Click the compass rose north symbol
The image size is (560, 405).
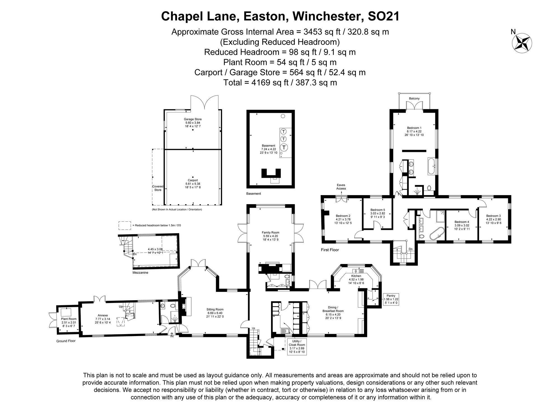click(x=522, y=43)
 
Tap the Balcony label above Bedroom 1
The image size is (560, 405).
click(x=414, y=98)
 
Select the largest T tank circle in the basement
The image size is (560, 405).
click(x=284, y=147)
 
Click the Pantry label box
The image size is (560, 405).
click(x=391, y=299)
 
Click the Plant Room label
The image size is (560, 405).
click(x=69, y=319)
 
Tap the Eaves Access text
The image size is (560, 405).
click(x=341, y=187)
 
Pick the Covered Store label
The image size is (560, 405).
click(x=158, y=188)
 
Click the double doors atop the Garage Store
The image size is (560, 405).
click(x=204, y=103)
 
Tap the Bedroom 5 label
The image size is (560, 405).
click(x=378, y=210)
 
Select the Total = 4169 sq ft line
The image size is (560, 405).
click(x=280, y=83)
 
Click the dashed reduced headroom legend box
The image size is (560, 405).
click(x=125, y=225)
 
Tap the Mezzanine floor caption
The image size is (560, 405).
click(x=140, y=272)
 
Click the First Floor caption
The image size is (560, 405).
click(x=330, y=250)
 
